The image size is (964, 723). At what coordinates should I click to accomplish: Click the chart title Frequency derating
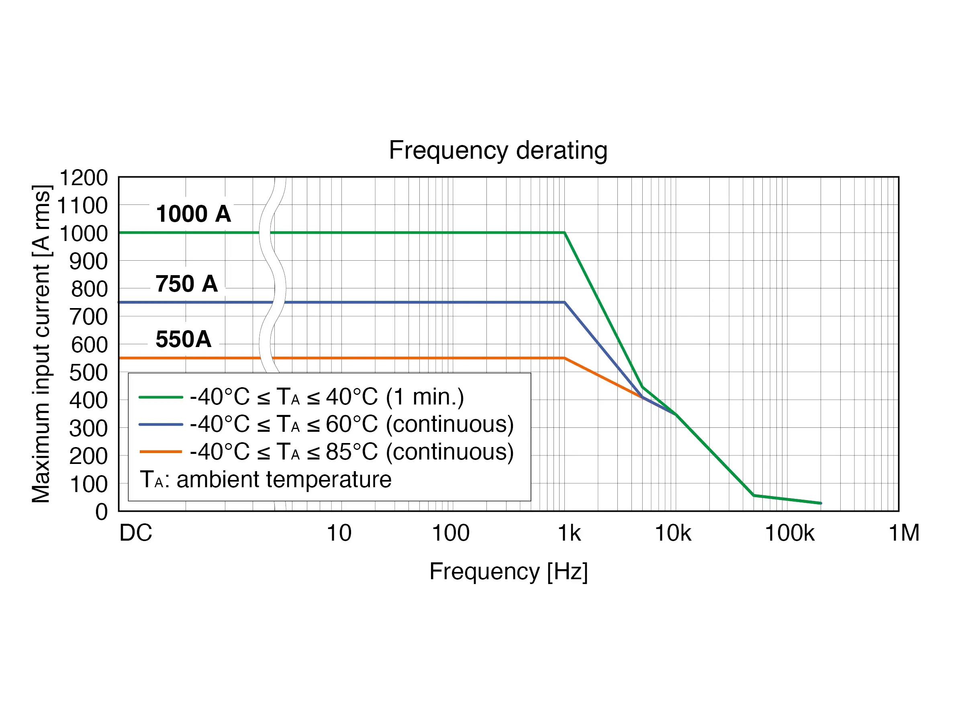pyautogui.click(x=498, y=150)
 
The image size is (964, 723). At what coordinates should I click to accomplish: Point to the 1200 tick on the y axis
pyautogui.click(x=83, y=178)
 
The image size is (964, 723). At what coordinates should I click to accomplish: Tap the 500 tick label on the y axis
pyautogui.click(x=88, y=373)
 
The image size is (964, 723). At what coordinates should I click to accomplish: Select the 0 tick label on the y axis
pyautogui.click(x=102, y=512)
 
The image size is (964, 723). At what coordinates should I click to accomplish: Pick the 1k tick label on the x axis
pyautogui.click(x=569, y=533)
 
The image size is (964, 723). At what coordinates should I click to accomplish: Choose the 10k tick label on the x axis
pyautogui.click(x=673, y=533)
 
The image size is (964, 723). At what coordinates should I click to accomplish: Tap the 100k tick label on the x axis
pyautogui.click(x=789, y=533)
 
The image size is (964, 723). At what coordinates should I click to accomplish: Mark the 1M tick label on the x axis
pyautogui.click(x=904, y=533)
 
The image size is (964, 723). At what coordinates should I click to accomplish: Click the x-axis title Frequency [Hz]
pyautogui.click(x=508, y=571)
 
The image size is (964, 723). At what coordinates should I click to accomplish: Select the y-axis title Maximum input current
pyautogui.click(x=41, y=344)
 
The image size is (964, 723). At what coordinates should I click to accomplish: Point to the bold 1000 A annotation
pyautogui.click(x=194, y=214)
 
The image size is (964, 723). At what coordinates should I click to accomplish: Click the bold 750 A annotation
pyautogui.click(x=186, y=284)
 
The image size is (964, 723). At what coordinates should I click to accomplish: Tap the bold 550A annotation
pyautogui.click(x=184, y=339)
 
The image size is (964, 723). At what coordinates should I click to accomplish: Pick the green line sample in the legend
pyautogui.click(x=160, y=397)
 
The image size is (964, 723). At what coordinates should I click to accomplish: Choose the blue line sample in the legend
pyautogui.click(x=160, y=425)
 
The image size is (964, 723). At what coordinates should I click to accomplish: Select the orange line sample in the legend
pyautogui.click(x=160, y=452)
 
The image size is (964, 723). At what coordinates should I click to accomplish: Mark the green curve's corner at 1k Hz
pyautogui.click(x=565, y=233)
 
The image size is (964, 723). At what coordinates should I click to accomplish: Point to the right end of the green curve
pyautogui.click(x=821, y=503)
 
